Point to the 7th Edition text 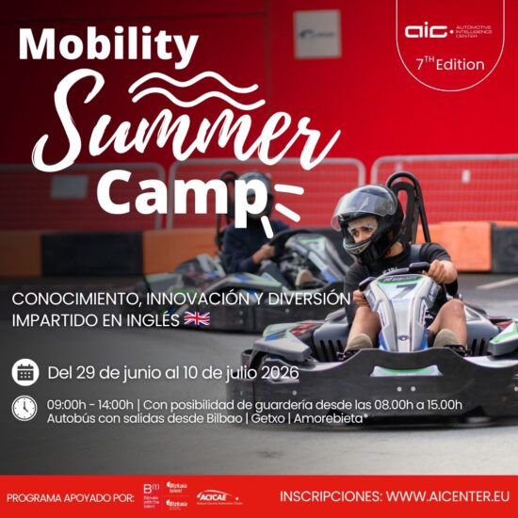pos(450,64)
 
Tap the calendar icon pos(25,372)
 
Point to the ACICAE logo pos(216,496)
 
